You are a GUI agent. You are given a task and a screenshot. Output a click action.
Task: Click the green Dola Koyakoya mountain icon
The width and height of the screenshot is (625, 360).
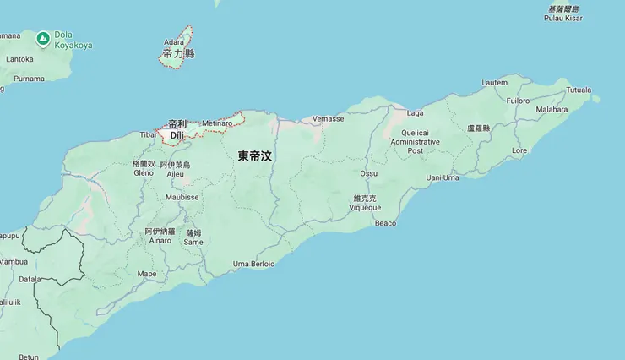click(43, 38)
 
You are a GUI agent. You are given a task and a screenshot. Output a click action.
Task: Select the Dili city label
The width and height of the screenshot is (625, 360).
click(176, 134)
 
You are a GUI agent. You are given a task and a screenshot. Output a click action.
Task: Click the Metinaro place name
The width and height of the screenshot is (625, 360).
click(217, 123)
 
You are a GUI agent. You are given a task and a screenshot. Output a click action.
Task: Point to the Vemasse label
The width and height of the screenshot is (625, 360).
click(328, 119)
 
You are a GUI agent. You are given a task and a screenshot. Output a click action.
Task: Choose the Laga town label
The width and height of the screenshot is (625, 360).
click(415, 112)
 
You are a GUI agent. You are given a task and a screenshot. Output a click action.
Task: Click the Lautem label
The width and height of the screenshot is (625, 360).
click(494, 82)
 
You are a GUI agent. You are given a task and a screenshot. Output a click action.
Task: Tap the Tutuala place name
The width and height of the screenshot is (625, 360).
click(579, 89)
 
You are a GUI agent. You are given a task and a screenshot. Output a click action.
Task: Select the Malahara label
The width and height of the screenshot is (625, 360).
click(552, 109)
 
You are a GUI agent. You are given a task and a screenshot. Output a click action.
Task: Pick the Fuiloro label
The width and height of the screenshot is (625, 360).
click(518, 101)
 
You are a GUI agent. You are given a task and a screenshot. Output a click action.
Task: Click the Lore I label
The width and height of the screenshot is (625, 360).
click(521, 150)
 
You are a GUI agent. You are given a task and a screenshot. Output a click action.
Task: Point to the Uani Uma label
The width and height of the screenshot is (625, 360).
click(443, 177)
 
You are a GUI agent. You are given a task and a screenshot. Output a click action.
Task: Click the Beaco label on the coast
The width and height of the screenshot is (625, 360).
click(385, 223)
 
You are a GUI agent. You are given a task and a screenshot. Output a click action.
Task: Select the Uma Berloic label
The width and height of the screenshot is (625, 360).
click(253, 264)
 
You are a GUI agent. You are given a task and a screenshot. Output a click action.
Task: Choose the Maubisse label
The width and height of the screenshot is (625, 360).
click(182, 197)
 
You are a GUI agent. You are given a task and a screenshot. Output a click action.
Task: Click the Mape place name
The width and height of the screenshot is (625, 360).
click(147, 273)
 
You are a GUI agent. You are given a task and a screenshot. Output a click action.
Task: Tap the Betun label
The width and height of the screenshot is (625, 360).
click(29, 356)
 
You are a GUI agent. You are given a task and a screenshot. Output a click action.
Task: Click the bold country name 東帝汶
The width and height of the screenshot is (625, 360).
click(254, 155)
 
